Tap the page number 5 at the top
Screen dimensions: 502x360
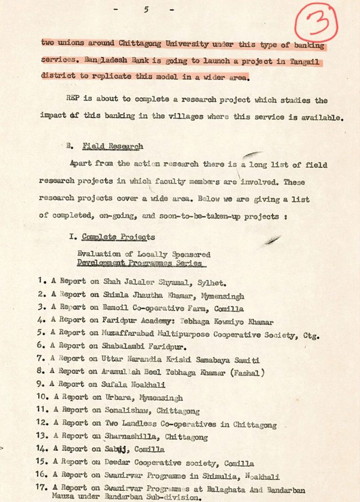(x=145, y=9)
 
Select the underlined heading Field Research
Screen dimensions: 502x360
(x=113, y=146)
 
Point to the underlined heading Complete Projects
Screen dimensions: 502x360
(x=119, y=237)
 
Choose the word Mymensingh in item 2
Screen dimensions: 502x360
(x=223, y=296)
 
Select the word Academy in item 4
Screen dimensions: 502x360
(x=150, y=322)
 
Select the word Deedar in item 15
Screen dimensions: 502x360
(x=119, y=463)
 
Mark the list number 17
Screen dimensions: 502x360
(x=43, y=488)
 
